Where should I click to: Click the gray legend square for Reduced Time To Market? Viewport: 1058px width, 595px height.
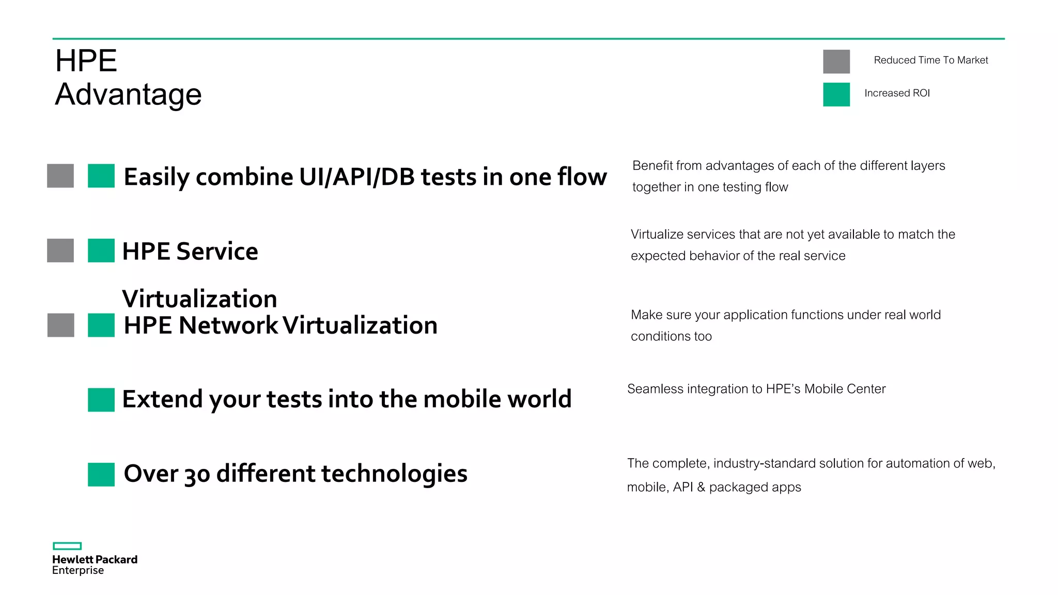tap(836, 61)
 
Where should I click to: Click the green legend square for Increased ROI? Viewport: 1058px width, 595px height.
tap(836, 95)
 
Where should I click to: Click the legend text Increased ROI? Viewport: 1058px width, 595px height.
tap(897, 93)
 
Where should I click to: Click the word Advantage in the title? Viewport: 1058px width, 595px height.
tap(128, 95)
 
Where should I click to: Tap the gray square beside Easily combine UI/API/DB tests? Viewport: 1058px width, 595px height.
tap(60, 176)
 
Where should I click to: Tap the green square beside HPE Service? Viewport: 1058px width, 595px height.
tap(101, 250)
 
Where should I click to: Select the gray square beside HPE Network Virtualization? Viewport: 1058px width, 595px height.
tap(60, 325)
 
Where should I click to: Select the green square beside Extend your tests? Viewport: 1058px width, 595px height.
tap(101, 400)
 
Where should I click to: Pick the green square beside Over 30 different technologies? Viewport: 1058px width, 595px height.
tap(101, 474)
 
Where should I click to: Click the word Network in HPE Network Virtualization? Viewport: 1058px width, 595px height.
tap(228, 325)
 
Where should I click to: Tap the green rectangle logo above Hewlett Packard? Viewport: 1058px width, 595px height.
tap(67, 546)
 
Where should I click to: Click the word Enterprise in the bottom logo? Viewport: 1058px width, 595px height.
tap(77, 571)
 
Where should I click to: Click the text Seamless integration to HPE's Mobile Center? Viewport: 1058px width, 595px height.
tap(756, 389)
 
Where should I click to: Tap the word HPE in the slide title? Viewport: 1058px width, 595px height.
tap(86, 61)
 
